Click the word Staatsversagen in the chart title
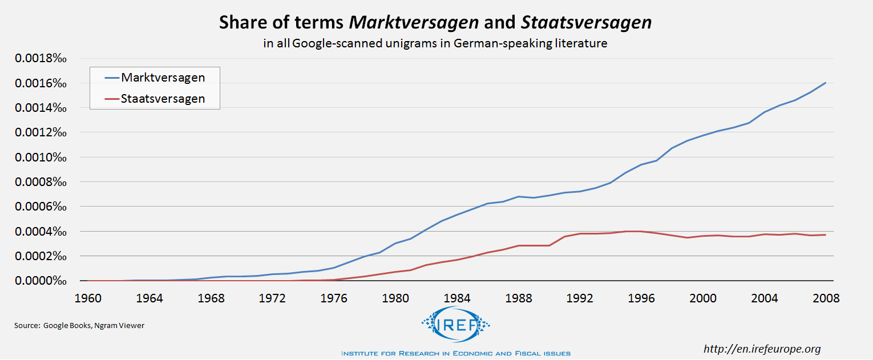586,22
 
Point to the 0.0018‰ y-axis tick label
41,59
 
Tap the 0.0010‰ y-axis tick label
41,157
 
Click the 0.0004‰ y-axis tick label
41,232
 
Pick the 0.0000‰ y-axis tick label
41,281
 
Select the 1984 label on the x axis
456,298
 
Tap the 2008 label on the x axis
826,298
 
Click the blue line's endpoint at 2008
826,83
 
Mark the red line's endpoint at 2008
826,234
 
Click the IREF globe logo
455,325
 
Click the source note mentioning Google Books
79,325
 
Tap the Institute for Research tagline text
455,353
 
